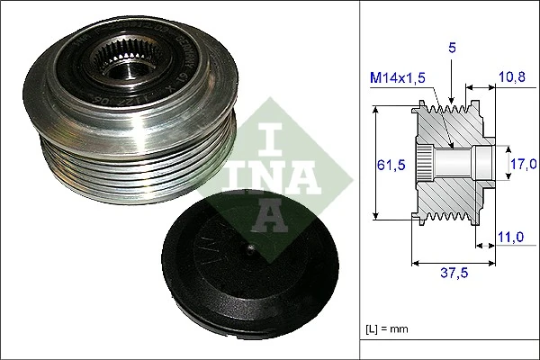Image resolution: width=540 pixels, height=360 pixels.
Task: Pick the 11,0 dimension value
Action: point(510,237)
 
